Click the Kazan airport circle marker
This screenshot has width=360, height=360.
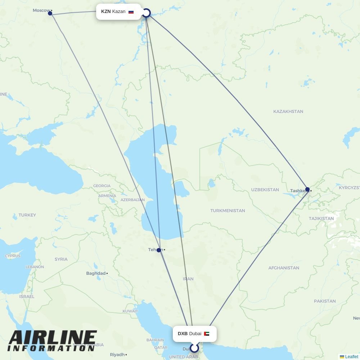tap(146, 13)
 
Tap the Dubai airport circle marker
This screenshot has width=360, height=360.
tap(194, 348)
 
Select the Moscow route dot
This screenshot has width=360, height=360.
tap(50, 13)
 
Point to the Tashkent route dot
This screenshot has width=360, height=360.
tap(307, 189)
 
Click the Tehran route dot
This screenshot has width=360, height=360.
tap(159, 250)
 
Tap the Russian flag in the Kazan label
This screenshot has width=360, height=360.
tap(131, 12)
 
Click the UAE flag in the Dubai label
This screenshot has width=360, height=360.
tap(207, 334)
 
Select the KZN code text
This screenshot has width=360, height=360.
tap(106, 12)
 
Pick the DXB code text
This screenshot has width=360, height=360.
tap(183, 334)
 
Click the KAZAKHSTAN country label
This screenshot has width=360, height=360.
tap(288, 112)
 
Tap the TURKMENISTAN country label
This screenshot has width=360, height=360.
tap(228, 211)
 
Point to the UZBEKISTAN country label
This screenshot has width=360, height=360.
tap(265, 190)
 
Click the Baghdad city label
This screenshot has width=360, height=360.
tap(96, 273)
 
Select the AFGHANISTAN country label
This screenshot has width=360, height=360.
tap(284, 268)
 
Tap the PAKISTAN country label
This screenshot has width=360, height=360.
tap(324, 301)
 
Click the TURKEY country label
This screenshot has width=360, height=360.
tap(27, 215)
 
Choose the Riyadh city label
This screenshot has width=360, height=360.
tap(117, 355)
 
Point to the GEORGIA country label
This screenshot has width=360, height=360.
tap(102, 186)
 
